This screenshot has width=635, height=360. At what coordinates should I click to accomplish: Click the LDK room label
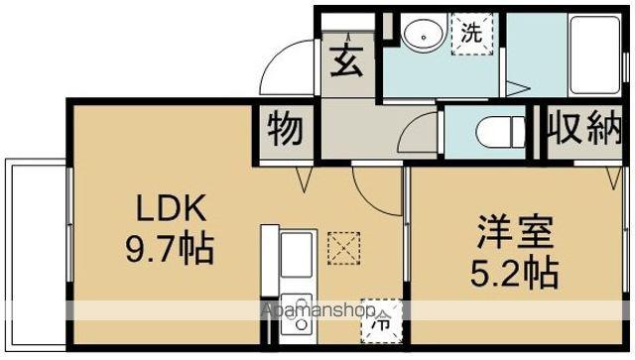click(x=171, y=208)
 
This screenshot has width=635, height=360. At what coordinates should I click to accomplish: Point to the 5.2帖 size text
click(x=515, y=269)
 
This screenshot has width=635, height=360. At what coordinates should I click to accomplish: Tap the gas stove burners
click(x=295, y=308)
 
